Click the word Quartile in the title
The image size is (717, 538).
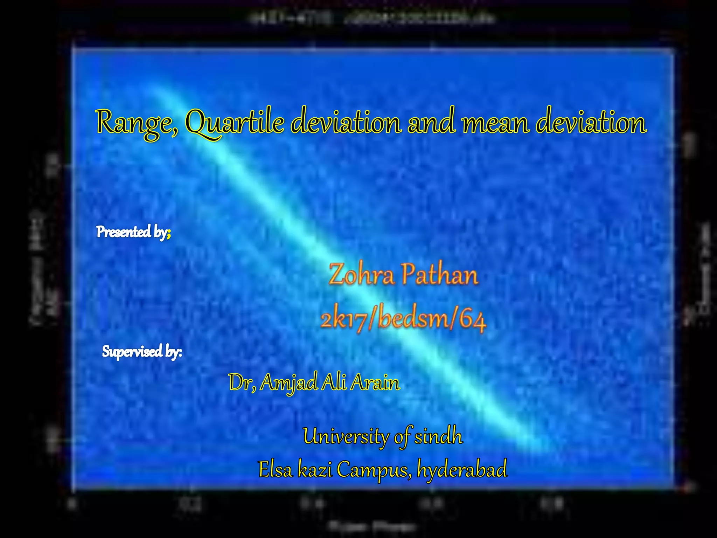(x=235, y=123)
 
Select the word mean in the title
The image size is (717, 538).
(x=495, y=123)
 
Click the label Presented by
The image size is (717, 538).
(x=133, y=232)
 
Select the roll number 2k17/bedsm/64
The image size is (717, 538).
(x=403, y=319)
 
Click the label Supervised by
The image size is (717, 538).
(x=141, y=351)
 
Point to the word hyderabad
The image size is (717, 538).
(x=462, y=469)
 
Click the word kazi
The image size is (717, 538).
(x=315, y=469)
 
